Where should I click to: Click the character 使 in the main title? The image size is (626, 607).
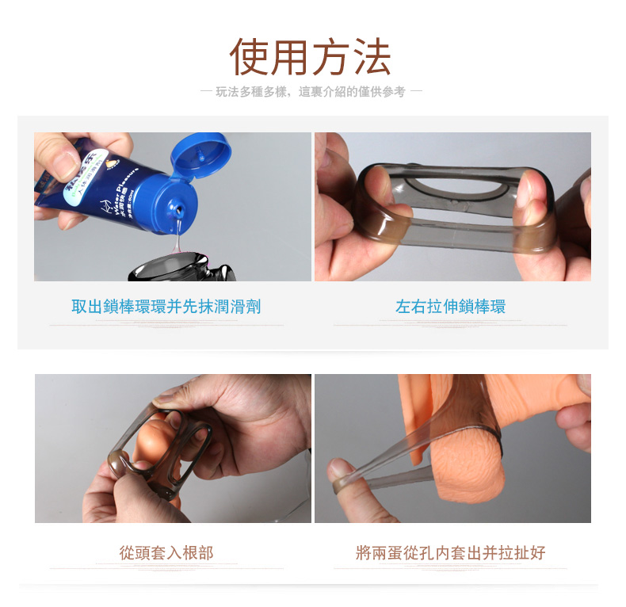[250, 57]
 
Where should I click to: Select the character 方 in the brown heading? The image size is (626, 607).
[331, 57]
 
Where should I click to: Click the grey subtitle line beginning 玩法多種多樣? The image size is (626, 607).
[311, 92]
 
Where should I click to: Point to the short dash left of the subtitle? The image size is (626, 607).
[206, 92]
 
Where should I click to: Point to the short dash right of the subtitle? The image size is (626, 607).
[416, 92]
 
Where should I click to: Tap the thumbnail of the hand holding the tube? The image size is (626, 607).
[65, 165]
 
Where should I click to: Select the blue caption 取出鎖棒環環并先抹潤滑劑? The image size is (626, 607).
[166, 307]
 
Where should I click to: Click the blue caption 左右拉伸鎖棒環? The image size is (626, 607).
[450, 307]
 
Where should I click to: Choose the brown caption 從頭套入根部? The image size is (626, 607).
[166, 553]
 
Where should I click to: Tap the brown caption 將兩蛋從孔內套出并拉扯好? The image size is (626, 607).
[450, 553]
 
